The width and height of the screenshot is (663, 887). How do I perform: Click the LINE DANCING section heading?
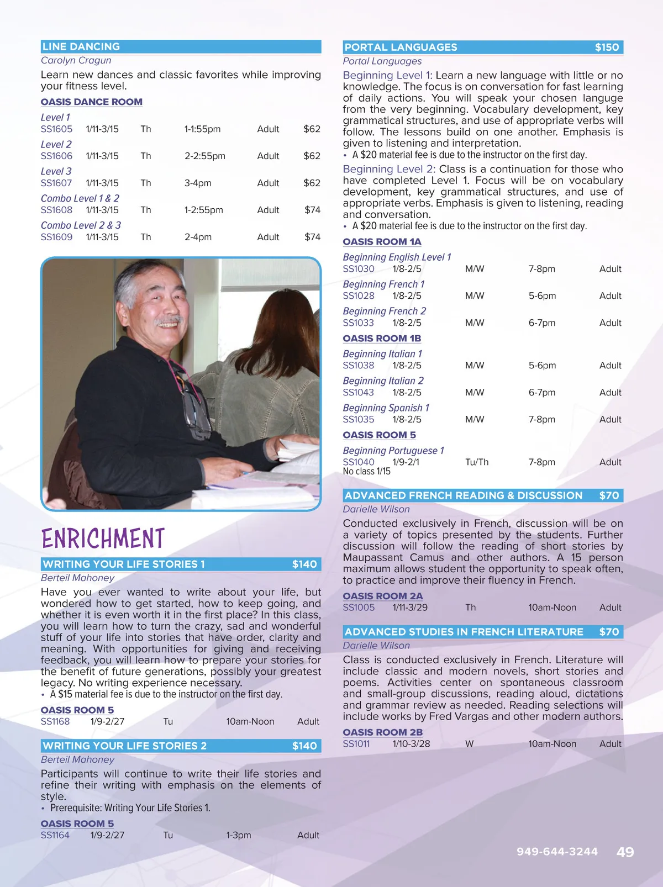click(81, 47)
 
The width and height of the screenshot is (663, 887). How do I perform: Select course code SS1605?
click(56, 129)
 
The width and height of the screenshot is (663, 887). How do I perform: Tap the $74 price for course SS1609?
click(312, 237)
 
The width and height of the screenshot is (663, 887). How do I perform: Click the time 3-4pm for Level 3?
click(198, 183)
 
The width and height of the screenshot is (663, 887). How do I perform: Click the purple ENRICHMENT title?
click(103, 538)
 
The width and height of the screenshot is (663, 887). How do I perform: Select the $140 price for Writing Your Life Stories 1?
click(304, 564)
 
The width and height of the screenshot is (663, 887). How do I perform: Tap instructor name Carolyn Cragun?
click(76, 60)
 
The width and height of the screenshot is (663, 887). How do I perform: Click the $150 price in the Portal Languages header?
click(607, 47)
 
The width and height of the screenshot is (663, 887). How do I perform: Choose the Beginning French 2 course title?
click(385, 311)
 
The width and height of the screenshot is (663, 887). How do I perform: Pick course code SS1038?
click(359, 365)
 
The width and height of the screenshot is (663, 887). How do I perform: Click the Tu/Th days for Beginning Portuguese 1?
click(477, 462)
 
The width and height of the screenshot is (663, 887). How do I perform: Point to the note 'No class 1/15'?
click(366, 472)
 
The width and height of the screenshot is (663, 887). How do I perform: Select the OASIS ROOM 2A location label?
click(382, 596)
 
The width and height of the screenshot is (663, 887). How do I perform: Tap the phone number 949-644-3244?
click(557, 852)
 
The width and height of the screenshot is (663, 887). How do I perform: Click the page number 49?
click(625, 852)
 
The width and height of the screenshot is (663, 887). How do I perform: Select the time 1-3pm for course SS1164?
click(238, 835)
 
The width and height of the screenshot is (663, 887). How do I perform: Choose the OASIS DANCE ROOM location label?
click(92, 102)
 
